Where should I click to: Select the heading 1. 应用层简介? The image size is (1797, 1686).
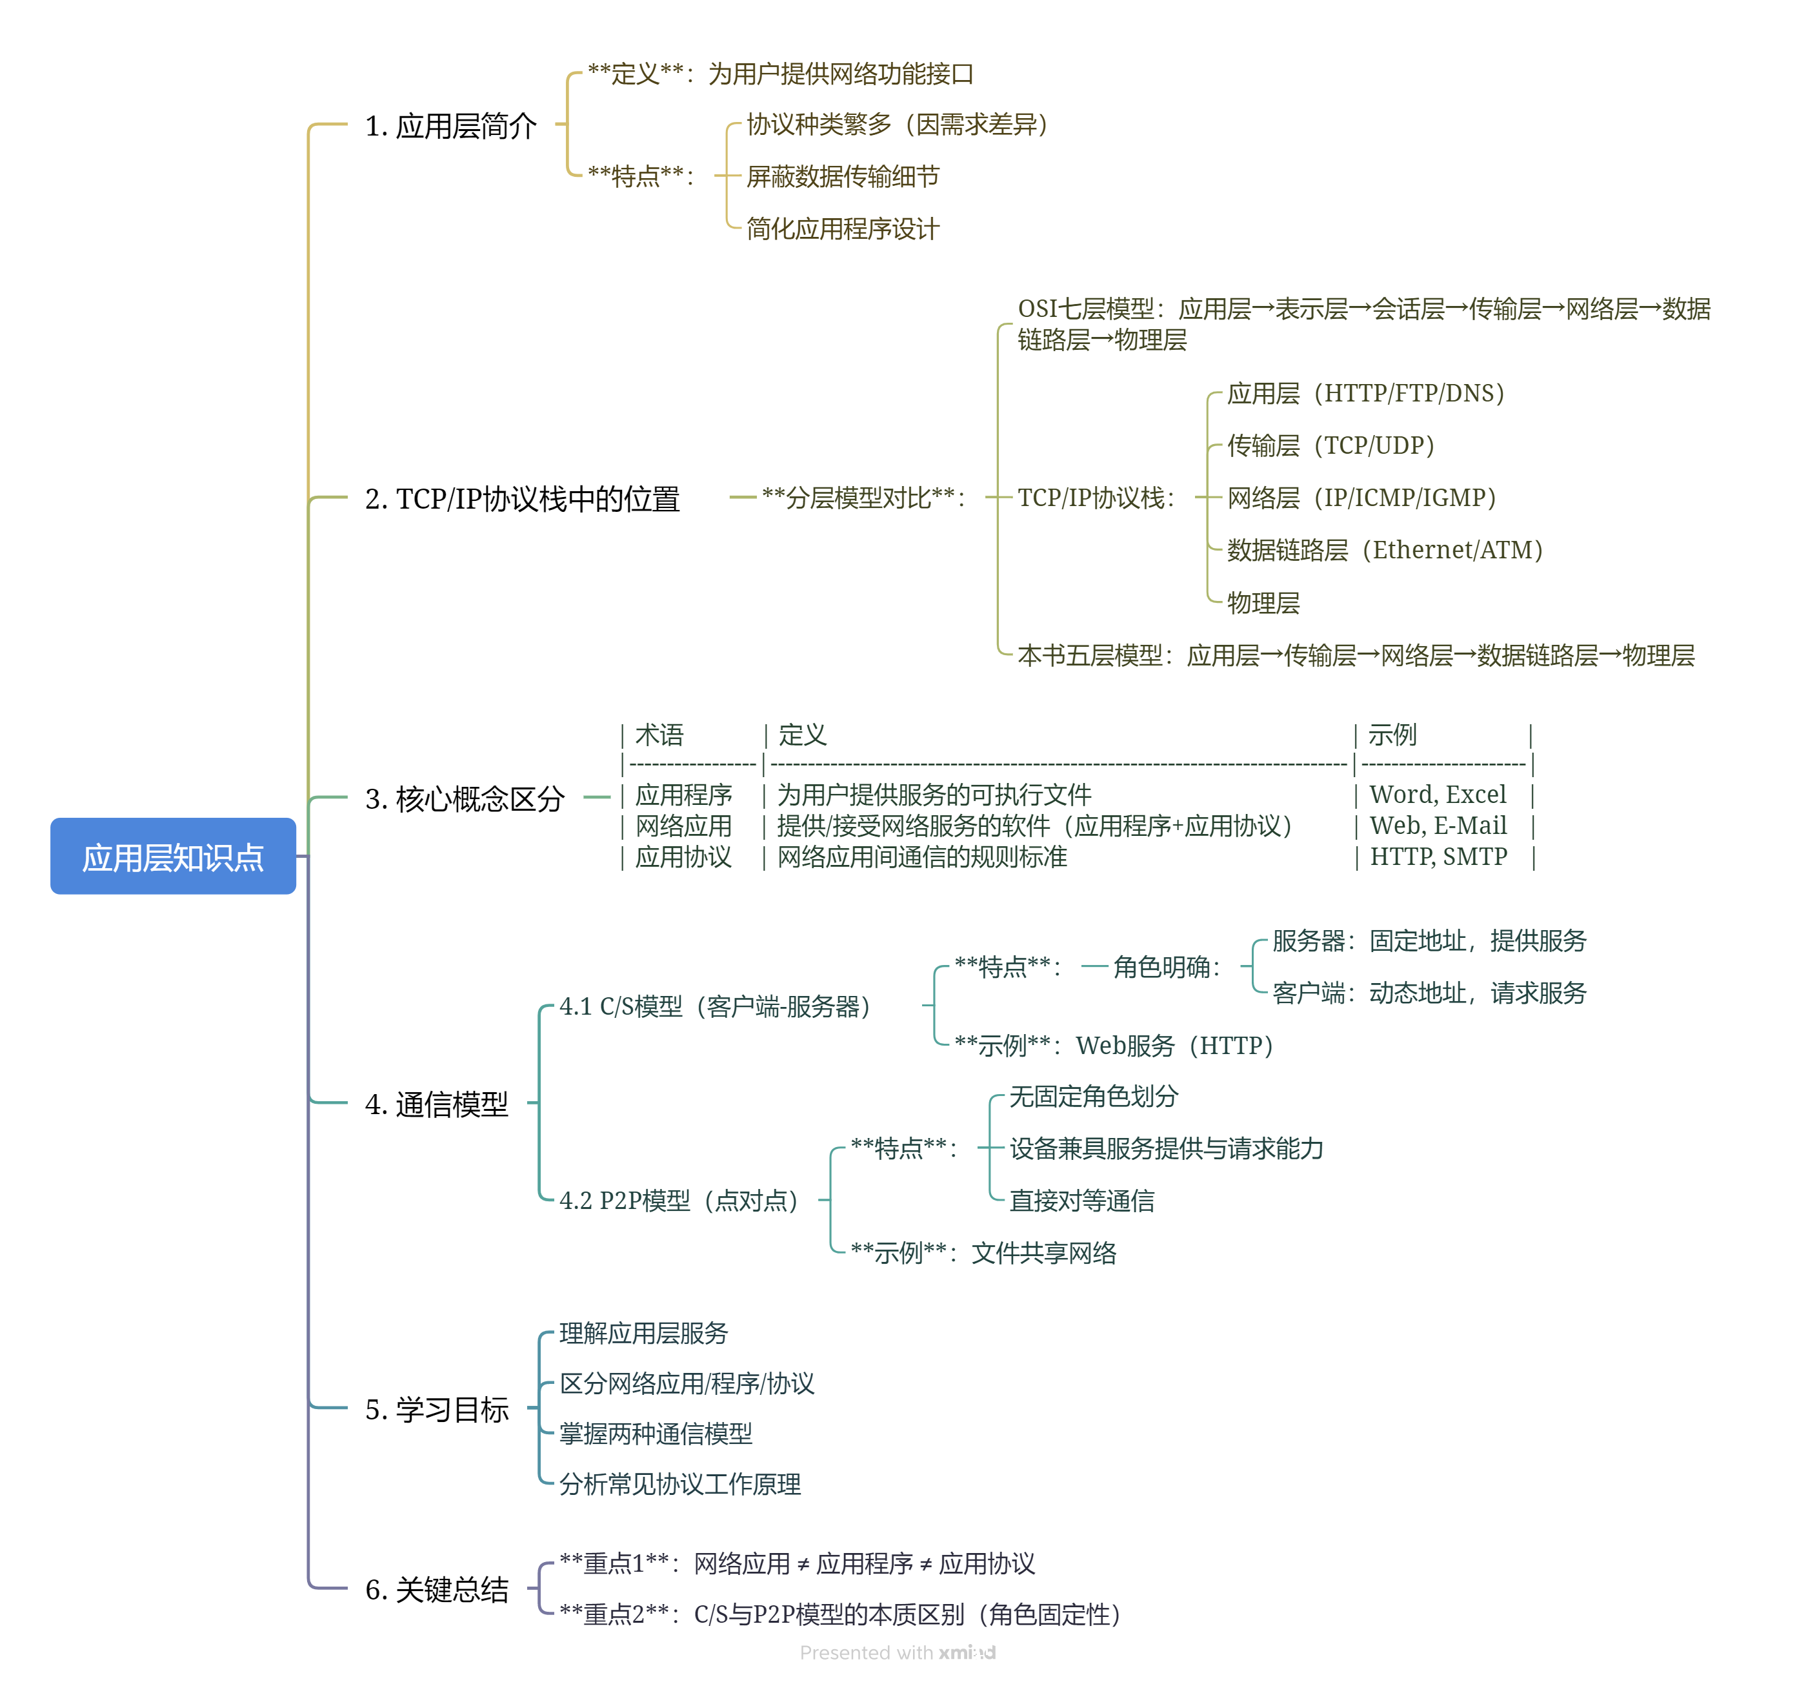pyautogui.click(x=450, y=126)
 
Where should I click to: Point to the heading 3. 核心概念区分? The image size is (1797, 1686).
pyautogui.click(x=464, y=798)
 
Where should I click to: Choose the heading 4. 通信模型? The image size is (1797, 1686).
pyautogui.click(x=437, y=1104)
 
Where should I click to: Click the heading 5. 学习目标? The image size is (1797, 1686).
pyautogui.click(x=437, y=1408)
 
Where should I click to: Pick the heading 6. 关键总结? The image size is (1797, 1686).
pyautogui.click(x=437, y=1589)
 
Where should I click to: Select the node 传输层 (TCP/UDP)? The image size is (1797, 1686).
pyautogui.click(x=1330, y=445)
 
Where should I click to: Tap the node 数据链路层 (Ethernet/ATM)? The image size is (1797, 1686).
pyautogui.click(x=1384, y=550)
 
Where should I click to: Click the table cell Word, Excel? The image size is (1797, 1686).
pyautogui.click(x=1437, y=795)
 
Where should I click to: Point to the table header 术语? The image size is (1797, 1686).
pyautogui.click(x=659, y=735)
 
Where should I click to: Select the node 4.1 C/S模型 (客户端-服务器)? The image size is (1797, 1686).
pyautogui.click(x=715, y=1006)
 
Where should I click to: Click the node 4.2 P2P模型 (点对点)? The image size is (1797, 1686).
pyautogui.click(x=679, y=1201)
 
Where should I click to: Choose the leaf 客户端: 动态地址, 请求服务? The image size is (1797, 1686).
pyautogui.click(x=1428, y=993)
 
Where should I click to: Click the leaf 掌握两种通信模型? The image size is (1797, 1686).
pyautogui.click(x=656, y=1434)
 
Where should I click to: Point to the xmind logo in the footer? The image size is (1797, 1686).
pyautogui.click(x=967, y=1652)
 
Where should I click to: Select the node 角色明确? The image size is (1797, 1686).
pyautogui.click(x=1166, y=968)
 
